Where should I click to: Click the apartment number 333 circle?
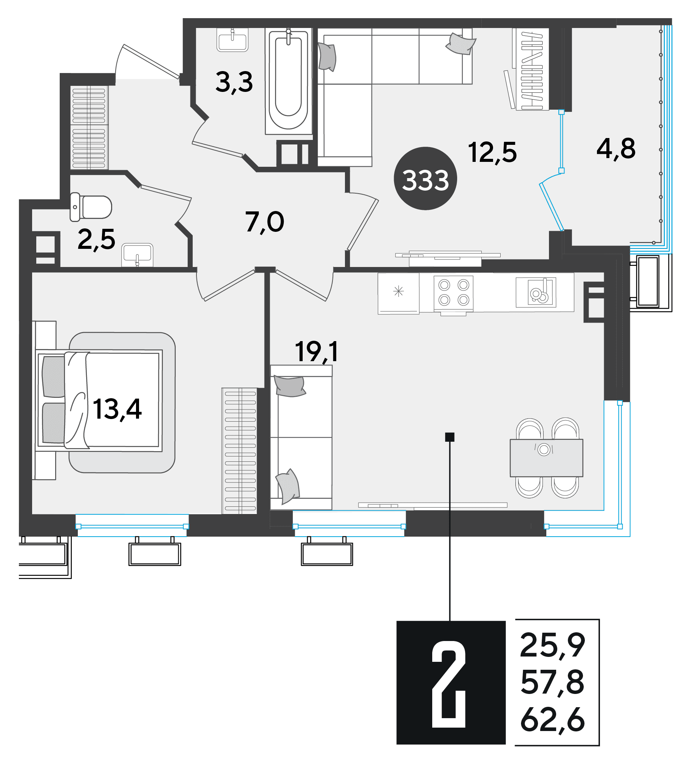[425, 179]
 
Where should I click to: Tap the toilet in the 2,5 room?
[91, 207]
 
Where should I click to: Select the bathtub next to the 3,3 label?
[288, 81]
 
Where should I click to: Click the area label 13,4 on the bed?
[117, 410]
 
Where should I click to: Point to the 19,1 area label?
[316, 352]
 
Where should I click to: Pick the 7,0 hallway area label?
[264, 222]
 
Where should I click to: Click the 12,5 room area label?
[492, 153]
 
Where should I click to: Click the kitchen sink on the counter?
[536, 292]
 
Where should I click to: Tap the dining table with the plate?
[546, 458]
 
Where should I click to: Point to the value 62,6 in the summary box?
[552, 721]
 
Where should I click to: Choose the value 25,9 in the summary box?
[552, 646]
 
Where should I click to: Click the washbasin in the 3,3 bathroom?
[232, 39]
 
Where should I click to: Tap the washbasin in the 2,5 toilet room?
[137, 255]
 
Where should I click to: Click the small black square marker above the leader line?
[450, 437]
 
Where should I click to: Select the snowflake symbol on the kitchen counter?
[399, 292]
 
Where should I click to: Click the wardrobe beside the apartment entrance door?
[89, 127]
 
